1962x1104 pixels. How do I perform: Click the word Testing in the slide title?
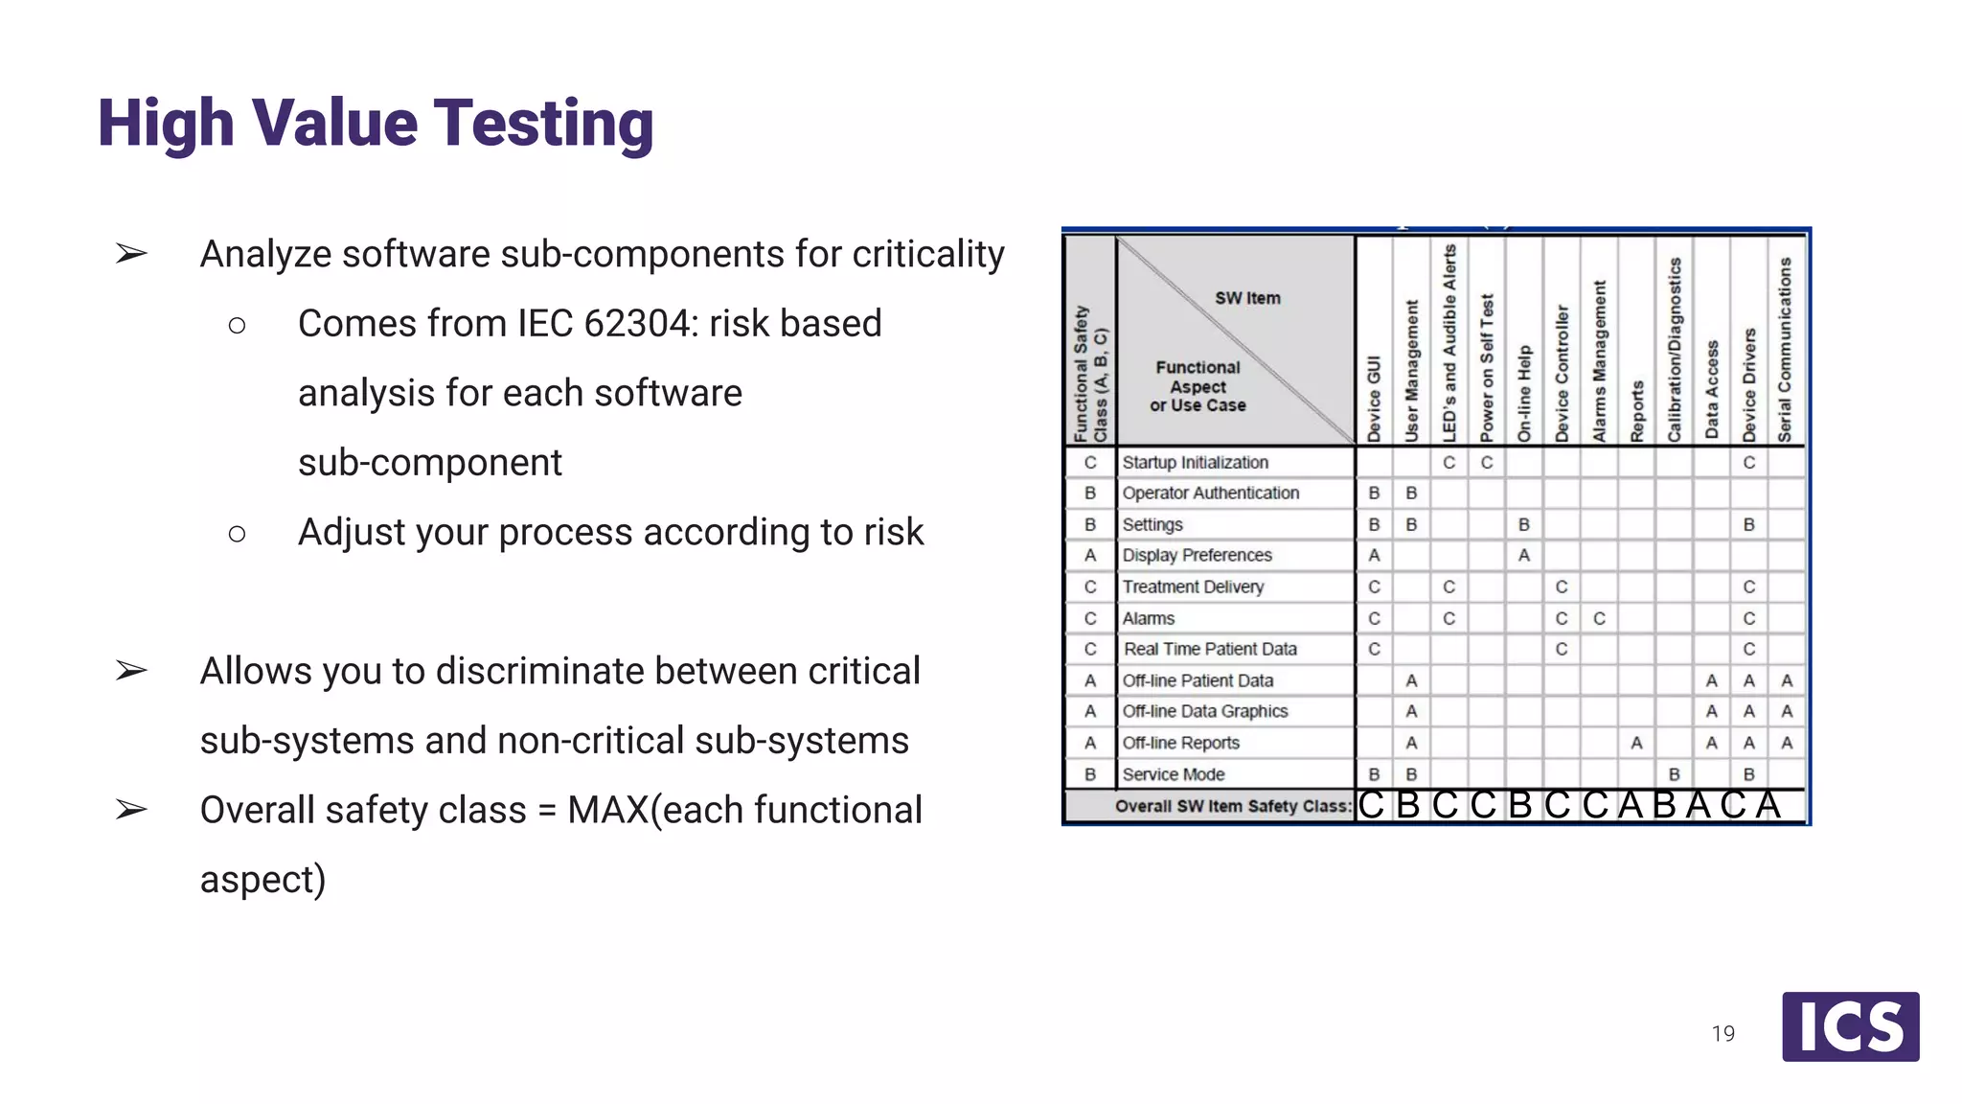[x=543, y=125]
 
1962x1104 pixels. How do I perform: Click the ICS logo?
[x=1850, y=1026]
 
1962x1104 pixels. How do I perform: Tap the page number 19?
[x=1722, y=1033]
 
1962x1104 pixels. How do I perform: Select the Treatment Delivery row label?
[x=1193, y=586]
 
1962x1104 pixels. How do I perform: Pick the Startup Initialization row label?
[x=1195, y=462]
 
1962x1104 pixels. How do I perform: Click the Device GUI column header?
[x=1374, y=398]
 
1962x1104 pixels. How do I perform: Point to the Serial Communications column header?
[x=1785, y=350]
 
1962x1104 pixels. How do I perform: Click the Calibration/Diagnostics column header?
[x=1674, y=350]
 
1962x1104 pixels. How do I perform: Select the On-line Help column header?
[x=1524, y=393]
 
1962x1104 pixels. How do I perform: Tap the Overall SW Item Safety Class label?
[x=1233, y=806]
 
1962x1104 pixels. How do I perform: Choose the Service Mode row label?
[x=1173, y=774]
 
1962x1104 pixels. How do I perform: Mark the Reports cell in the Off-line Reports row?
[x=1636, y=743]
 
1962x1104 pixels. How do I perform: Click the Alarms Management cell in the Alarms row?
[x=1599, y=618]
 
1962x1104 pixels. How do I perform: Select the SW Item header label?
[x=1247, y=298]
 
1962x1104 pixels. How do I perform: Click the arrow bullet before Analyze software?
[x=131, y=254]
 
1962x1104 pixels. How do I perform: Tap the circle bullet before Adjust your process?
[x=237, y=533]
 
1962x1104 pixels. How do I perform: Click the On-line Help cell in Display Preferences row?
[x=1524, y=555]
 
